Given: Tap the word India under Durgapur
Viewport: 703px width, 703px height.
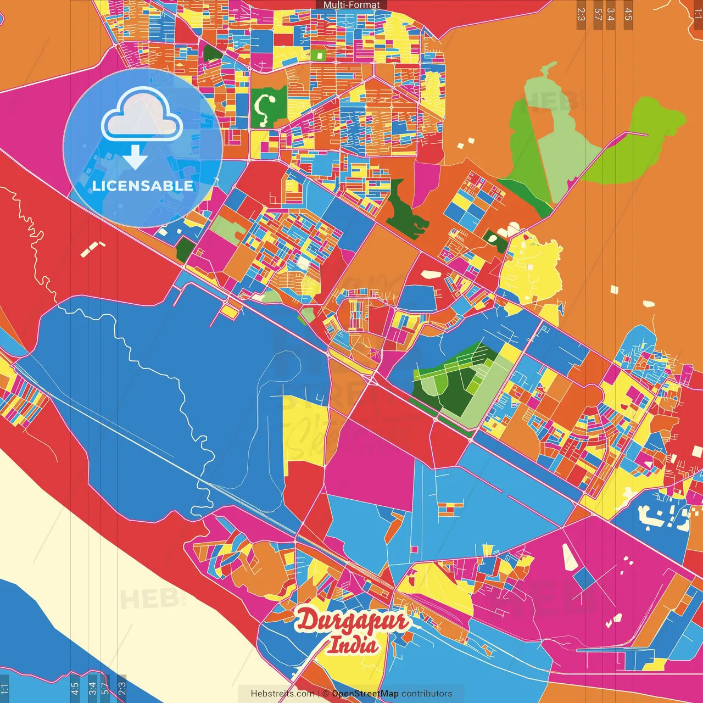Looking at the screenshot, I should [354, 644].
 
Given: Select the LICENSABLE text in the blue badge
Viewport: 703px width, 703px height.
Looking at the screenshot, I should [142, 186].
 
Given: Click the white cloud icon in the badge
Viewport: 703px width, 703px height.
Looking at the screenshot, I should [142, 116].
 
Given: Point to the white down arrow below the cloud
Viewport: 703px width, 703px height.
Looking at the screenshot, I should [135, 157].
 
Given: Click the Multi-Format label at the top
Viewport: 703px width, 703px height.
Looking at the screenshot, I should [351, 5].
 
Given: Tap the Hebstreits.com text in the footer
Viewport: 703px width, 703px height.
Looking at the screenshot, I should [282, 694].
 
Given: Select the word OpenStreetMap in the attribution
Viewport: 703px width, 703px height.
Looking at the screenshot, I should [365, 694].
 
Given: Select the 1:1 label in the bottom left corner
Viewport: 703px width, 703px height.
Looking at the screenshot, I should [4, 688].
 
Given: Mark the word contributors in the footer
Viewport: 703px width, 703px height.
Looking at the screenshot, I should [427, 694].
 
